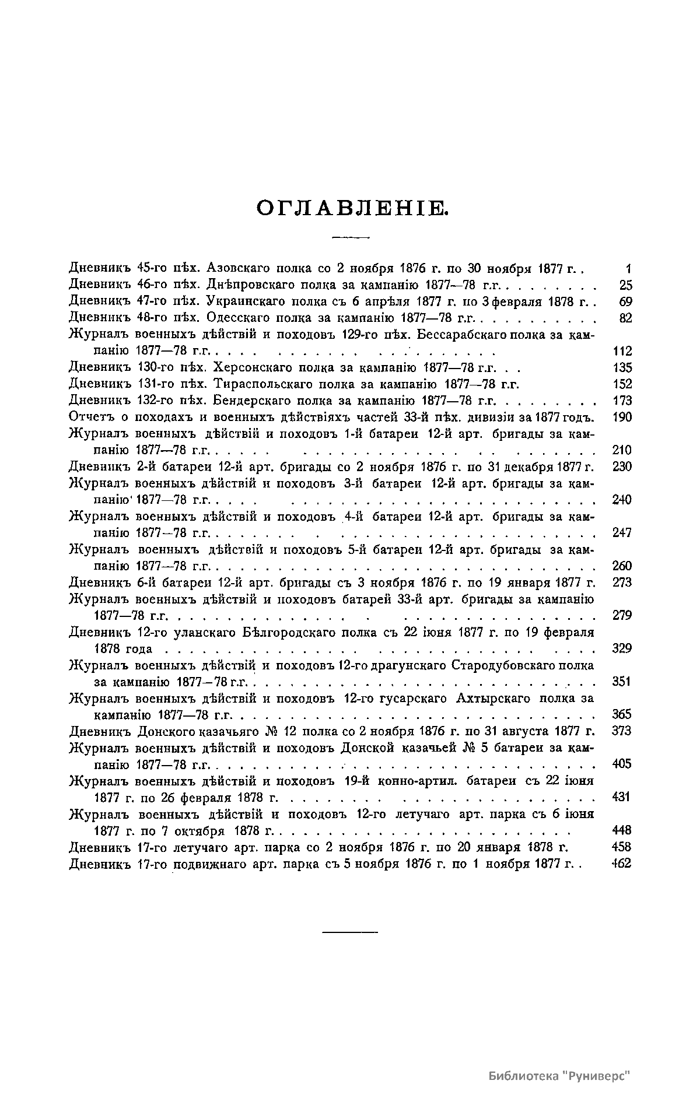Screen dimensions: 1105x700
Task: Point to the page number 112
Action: [623, 352]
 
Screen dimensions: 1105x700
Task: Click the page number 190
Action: [623, 418]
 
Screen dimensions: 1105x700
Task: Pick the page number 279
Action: [623, 615]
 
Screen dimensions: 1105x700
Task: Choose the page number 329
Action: [623, 648]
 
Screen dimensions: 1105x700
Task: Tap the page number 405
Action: [623, 764]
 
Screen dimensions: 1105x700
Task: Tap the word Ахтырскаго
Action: [492, 698]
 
